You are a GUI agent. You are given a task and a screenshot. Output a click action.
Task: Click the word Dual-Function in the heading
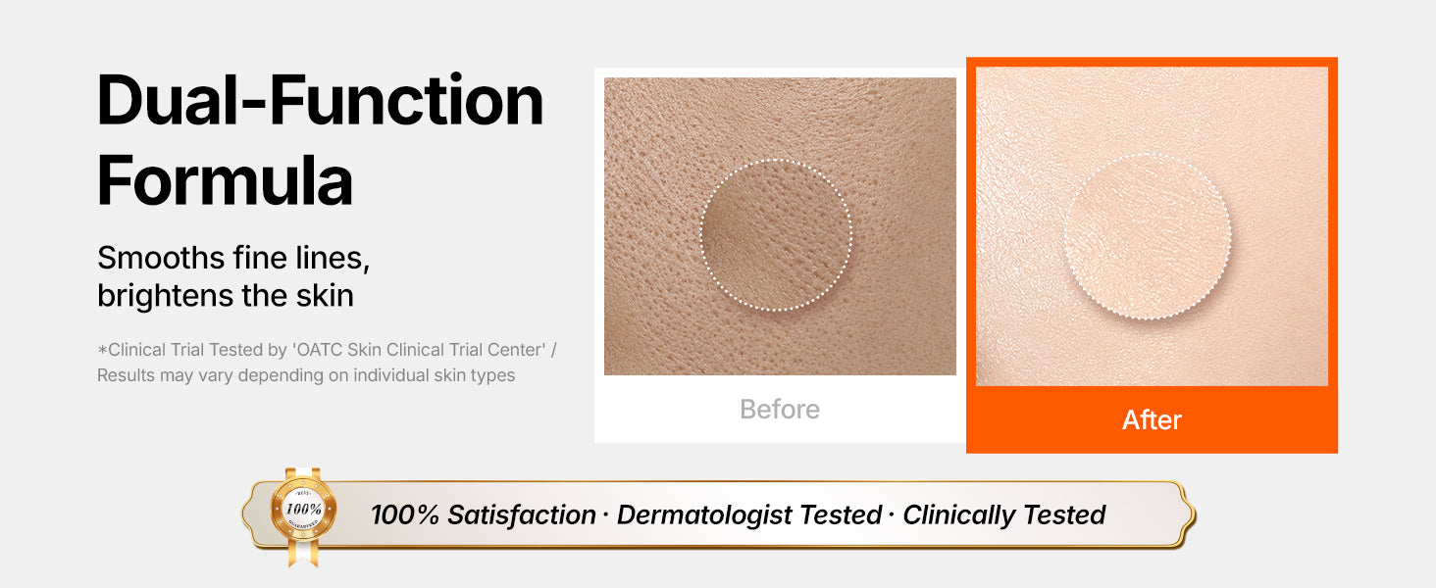[x=320, y=101]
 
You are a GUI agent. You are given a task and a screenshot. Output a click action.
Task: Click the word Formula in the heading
[x=225, y=180]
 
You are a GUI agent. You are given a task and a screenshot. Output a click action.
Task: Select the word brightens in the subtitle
[x=166, y=296]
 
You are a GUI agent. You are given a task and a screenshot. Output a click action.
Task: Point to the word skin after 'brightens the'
[x=325, y=296]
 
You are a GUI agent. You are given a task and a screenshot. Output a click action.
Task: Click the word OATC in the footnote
[x=319, y=350]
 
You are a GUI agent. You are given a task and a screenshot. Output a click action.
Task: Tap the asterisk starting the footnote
[x=102, y=350]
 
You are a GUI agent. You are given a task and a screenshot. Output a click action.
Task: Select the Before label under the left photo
[x=780, y=410]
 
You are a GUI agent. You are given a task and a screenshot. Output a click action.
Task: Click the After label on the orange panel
[x=1152, y=420]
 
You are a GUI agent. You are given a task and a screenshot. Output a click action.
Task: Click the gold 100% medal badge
[x=303, y=510]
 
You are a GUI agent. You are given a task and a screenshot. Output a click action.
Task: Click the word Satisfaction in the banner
[x=522, y=514]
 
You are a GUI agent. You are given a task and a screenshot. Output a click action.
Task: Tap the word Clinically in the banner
[x=958, y=514]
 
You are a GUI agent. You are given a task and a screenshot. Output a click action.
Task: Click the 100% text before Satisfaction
[x=405, y=514]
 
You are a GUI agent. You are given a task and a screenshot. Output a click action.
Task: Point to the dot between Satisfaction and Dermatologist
[x=606, y=515]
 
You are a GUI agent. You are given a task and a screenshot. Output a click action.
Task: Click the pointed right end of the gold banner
[x=1195, y=514]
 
